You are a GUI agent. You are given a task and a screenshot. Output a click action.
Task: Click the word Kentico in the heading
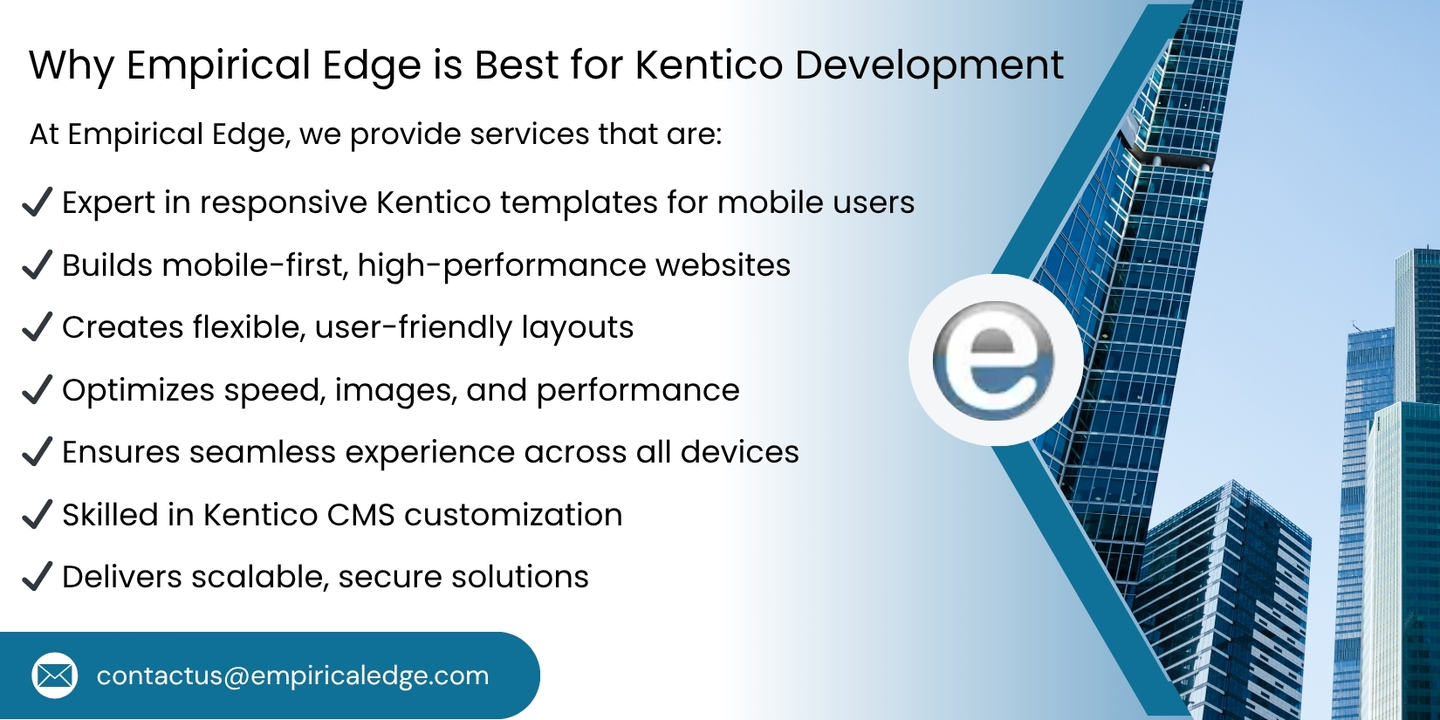tap(709, 65)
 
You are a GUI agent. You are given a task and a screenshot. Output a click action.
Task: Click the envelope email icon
tap(54, 675)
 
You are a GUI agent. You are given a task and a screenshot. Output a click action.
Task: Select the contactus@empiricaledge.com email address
tap(292, 675)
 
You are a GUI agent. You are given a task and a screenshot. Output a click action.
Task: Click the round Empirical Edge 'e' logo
tap(994, 360)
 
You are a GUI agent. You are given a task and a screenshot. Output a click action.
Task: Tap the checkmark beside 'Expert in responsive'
tap(37, 202)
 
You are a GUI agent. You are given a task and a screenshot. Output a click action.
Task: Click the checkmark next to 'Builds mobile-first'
tap(37, 264)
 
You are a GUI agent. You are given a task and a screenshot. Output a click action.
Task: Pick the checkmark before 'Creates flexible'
tap(37, 327)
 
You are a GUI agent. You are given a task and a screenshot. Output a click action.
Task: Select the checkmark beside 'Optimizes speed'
tap(37, 389)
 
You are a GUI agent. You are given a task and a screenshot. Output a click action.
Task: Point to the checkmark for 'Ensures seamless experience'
tap(37, 452)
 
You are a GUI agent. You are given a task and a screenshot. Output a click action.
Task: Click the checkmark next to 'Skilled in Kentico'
tap(37, 515)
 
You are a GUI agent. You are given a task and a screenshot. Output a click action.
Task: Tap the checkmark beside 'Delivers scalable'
tap(37, 577)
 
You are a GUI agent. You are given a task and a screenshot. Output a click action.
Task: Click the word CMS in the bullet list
tap(361, 515)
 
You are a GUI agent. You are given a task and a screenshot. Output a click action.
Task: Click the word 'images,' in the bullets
tap(395, 391)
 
